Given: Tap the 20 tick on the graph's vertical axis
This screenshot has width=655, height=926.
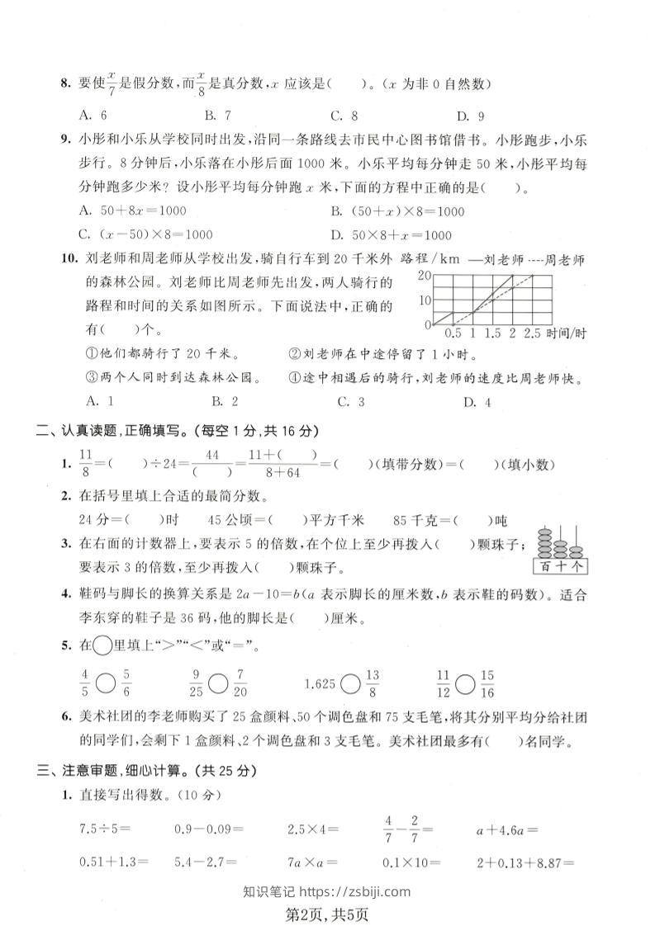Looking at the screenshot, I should (425, 275).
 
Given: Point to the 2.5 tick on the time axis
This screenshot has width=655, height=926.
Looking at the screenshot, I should (532, 334).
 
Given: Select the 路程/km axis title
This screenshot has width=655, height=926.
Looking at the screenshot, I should (429, 259).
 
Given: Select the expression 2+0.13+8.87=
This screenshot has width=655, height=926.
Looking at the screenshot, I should (524, 862).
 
